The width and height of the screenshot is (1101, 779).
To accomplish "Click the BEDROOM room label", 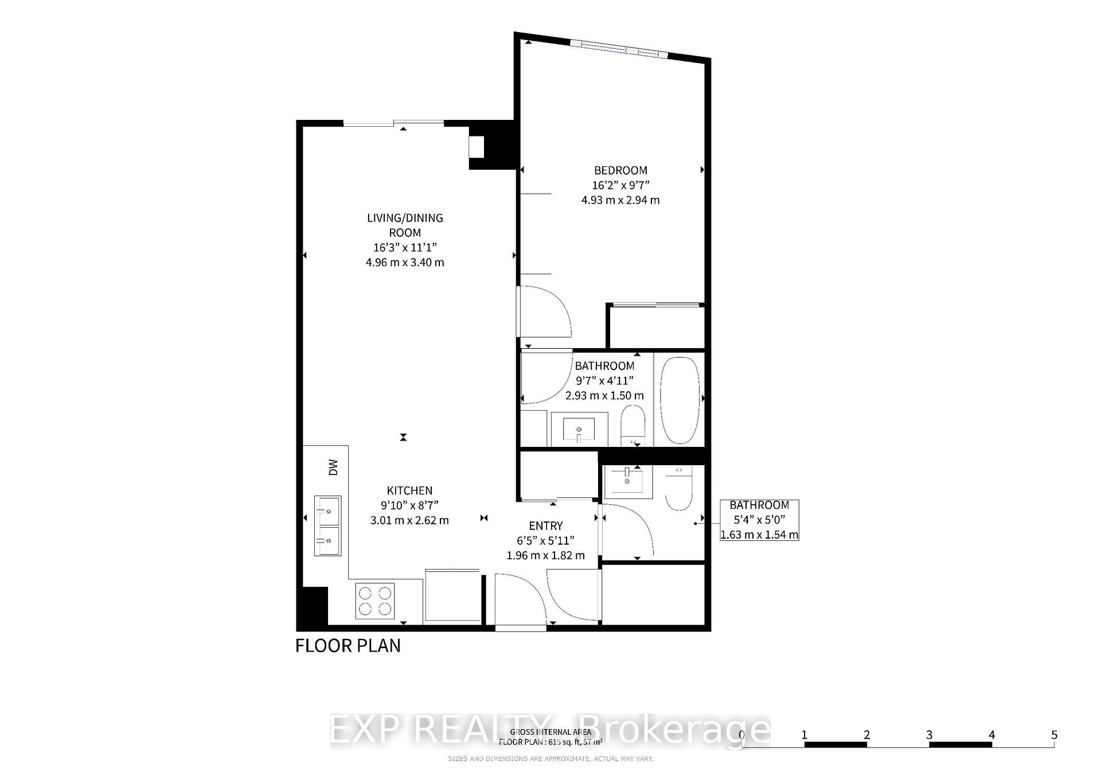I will (620, 170).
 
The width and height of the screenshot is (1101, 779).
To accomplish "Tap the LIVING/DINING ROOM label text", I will (405, 225).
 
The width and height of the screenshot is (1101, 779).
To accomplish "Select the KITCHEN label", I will (409, 490).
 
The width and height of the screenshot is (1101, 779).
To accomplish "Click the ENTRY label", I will (545, 525).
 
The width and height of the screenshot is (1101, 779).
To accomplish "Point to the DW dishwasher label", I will (333, 468).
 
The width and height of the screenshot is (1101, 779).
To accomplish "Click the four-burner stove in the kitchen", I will (375, 601).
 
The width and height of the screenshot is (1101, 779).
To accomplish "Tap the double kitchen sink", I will (327, 525).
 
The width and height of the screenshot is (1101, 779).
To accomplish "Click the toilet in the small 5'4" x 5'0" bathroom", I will (679, 489).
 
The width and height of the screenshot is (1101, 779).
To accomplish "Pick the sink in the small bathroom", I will (628, 481).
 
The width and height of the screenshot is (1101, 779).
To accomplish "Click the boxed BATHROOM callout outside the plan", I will (759, 520).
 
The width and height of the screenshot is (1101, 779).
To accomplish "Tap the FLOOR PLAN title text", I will (348, 645).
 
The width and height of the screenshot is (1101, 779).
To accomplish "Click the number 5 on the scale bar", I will (1054, 735).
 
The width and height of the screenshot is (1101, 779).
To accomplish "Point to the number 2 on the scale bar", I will (866, 735).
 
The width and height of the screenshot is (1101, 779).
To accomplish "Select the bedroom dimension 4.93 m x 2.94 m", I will (620, 200).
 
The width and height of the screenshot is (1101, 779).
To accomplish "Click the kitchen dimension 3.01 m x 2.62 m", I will (409, 520).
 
